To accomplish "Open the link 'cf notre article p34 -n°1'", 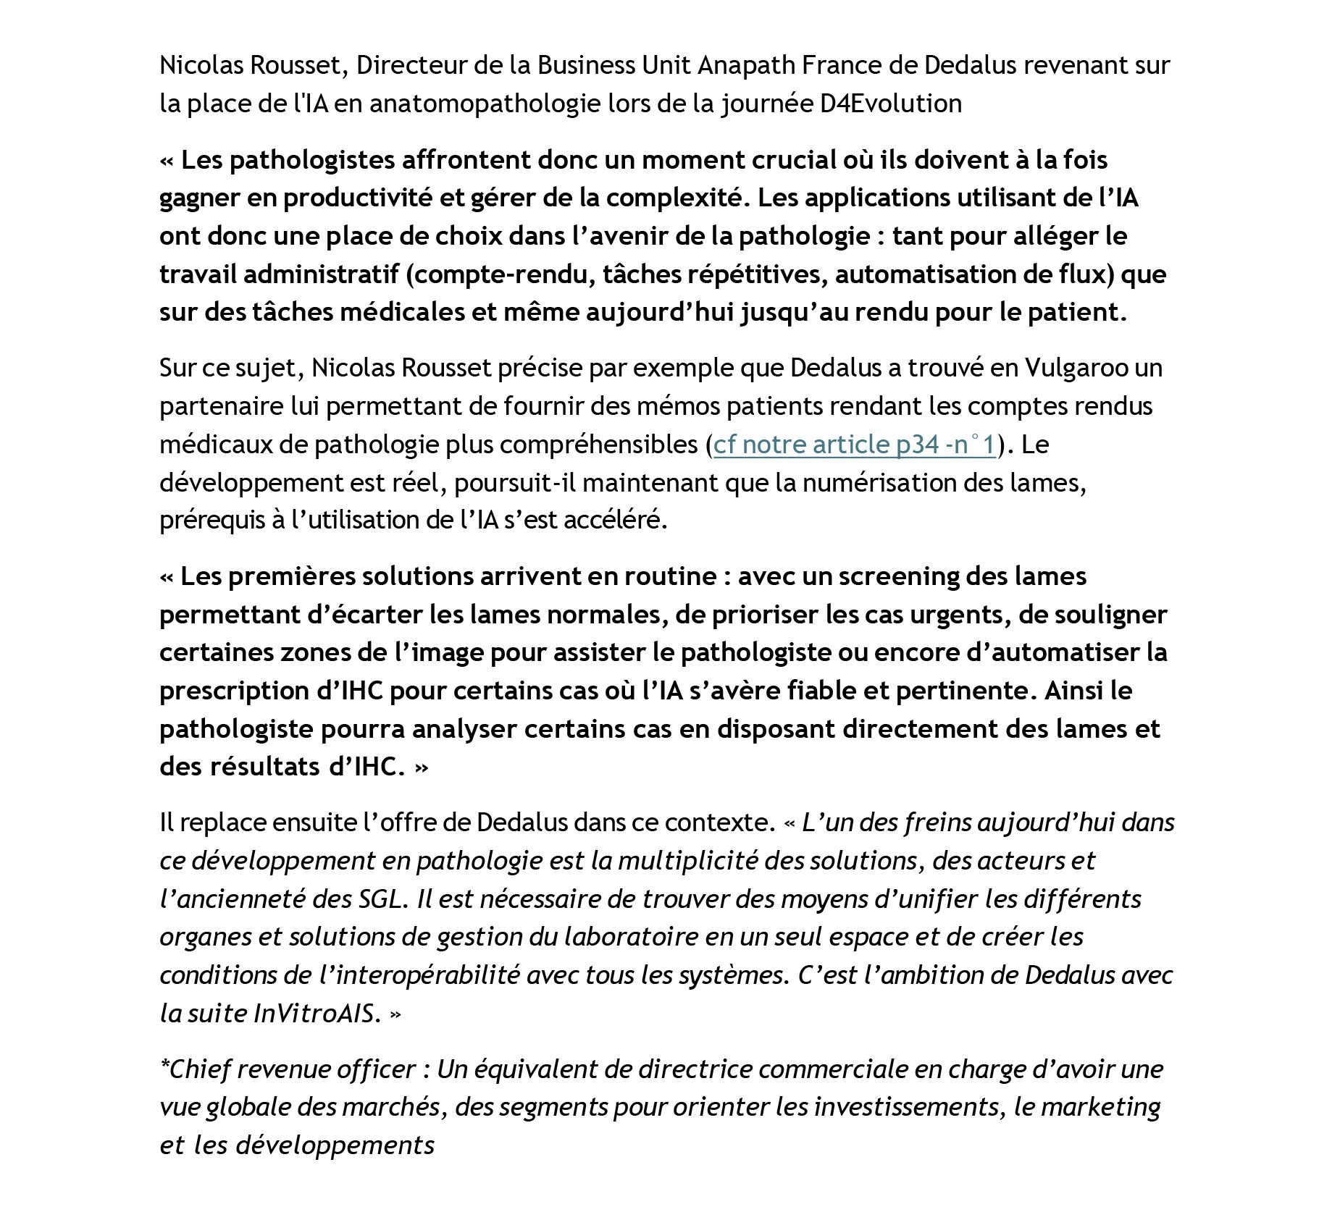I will pos(855,444).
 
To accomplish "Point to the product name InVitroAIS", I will pos(317,1013).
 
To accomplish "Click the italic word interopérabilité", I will pos(419,975).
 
